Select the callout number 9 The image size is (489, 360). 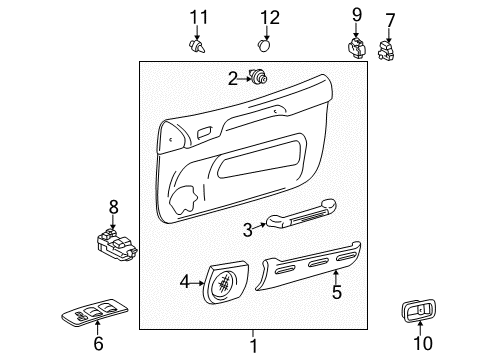(x=355, y=14)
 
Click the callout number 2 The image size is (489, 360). (x=232, y=78)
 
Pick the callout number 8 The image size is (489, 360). (x=113, y=206)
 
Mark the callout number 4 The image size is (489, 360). (x=185, y=283)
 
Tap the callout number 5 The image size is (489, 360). (x=337, y=293)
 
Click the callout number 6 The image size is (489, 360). (x=98, y=343)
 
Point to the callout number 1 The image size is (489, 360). (x=252, y=345)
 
